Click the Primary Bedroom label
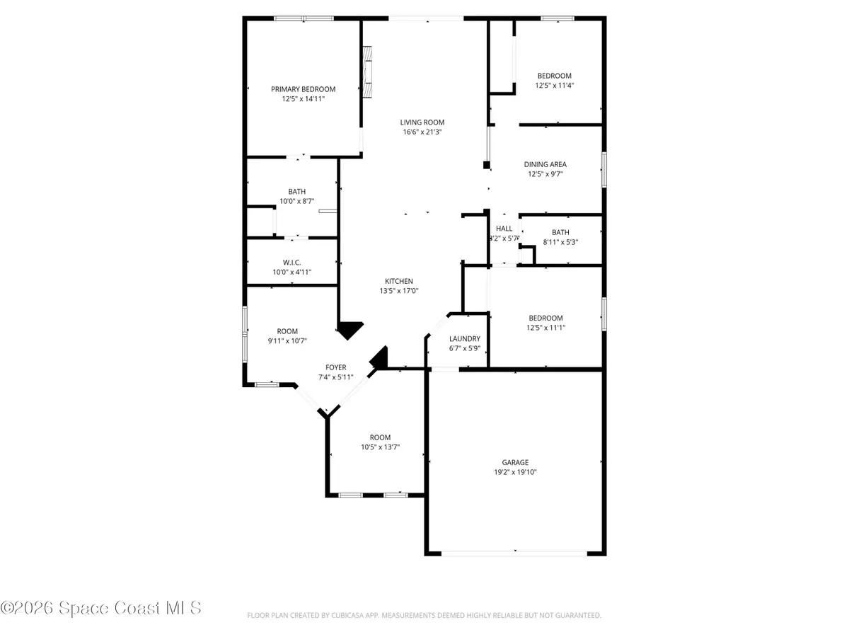point(303,89)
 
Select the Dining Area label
point(545,164)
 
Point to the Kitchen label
point(399,281)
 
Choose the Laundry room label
point(465,339)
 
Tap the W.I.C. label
point(292,263)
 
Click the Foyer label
point(335,367)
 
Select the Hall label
point(504,229)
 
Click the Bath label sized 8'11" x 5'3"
point(560,232)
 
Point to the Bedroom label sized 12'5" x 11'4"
point(554,76)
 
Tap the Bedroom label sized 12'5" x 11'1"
point(546,318)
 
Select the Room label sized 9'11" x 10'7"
point(287,331)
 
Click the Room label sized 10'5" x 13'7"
point(380,437)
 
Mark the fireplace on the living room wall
point(368,71)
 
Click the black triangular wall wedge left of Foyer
point(350,330)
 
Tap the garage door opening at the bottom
point(515,552)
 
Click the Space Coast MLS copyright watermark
point(101,608)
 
